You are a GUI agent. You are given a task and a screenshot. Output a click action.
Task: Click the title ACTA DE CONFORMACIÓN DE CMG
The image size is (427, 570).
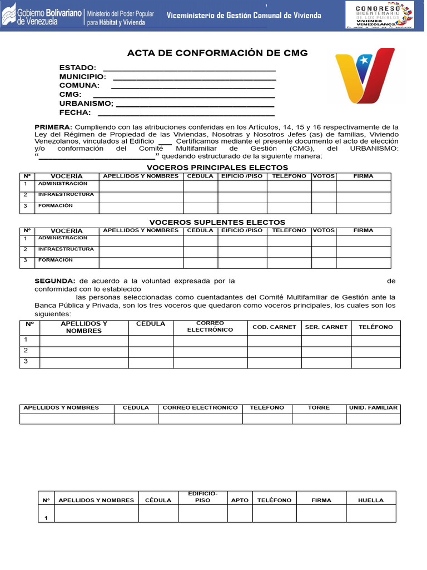point(217,53)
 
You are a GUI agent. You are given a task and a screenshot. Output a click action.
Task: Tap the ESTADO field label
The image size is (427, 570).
point(77,67)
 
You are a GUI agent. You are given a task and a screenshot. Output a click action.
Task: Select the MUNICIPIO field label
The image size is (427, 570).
point(82,76)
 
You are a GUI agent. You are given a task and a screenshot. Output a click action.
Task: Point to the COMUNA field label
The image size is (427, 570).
point(79,85)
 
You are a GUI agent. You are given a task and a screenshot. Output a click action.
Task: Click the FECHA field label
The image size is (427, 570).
point(75,112)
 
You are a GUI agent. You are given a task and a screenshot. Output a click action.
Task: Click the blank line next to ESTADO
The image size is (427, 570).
point(190,69)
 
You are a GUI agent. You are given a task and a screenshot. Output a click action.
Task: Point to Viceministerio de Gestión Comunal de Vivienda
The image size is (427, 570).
point(244,16)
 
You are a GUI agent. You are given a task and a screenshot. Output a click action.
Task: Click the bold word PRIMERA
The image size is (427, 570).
point(53,127)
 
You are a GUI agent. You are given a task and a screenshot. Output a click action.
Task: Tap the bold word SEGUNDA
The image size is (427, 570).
point(55,281)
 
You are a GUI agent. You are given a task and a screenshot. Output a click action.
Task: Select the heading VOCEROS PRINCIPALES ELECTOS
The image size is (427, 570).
point(217,168)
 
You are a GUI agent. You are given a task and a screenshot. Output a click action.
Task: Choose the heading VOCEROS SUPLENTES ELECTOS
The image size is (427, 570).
point(217,222)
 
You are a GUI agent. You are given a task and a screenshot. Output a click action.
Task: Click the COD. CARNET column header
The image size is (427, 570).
point(274,327)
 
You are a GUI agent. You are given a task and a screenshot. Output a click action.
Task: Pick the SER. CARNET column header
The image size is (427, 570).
point(326,327)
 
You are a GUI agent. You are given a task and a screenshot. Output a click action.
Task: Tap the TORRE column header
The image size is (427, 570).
point(319,407)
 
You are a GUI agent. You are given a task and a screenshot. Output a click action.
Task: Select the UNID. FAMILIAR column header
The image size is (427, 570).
point(373,407)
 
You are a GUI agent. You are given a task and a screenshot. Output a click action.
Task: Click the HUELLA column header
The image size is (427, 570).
point(371,500)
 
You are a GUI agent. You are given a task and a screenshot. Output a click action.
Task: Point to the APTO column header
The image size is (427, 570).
point(240,500)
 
